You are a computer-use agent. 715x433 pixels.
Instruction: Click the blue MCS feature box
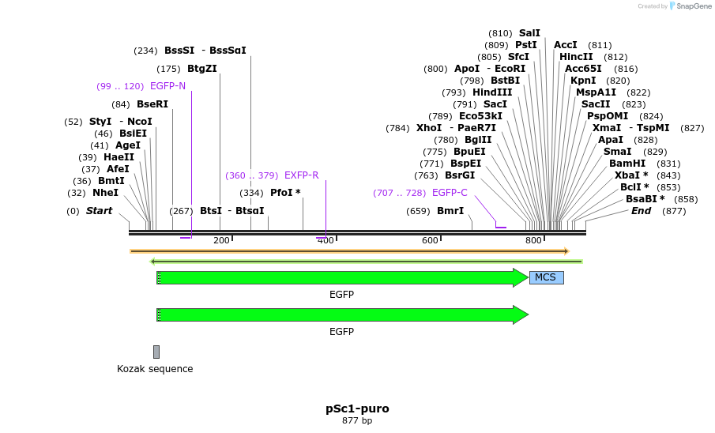pyautogui.click(x=546, y=277)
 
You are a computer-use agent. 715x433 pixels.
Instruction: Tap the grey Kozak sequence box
pyautogui.click(x=156, y=352)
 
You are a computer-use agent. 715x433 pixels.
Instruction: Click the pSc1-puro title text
pyautogui.click(x=357, y=409)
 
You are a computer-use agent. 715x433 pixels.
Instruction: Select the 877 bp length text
pyautogui.click(x=357, y=421)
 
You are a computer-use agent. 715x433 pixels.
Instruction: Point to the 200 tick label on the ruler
pyautogui.click(x=221, y=240)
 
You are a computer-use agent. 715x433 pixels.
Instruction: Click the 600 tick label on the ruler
pyautogui.click(x=430, y=240)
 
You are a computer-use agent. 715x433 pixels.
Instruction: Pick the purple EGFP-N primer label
pyautogui.click(x=167, y=86)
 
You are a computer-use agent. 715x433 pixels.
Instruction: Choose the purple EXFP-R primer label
pyautogui.click(x=301, y=175)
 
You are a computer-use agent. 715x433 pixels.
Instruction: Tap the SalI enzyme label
pyautogui.click(x=529, y=33)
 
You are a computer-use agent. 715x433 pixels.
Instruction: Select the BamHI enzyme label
pyautogui.click(x=627, y=164)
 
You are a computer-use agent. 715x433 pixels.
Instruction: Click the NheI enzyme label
pyautogui.click(x=105, y=193)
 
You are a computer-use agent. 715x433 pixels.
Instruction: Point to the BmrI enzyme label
pyautogui.click(x=450, y=211)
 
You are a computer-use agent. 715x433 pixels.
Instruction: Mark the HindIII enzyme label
pyautogui.click(x=492, y=92)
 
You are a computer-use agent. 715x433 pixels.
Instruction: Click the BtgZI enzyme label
pyautogui.click(x=202, y=69)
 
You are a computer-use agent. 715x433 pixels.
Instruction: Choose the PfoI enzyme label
pyautogui.click(x=285, y=193)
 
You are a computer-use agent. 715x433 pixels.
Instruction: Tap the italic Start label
pyautogui.click(x=99, y=211)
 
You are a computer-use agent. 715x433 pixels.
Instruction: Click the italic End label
pyautogui.click(x=641, y=211)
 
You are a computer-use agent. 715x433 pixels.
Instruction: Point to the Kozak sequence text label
pyautogui.click(x=155, y=369)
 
